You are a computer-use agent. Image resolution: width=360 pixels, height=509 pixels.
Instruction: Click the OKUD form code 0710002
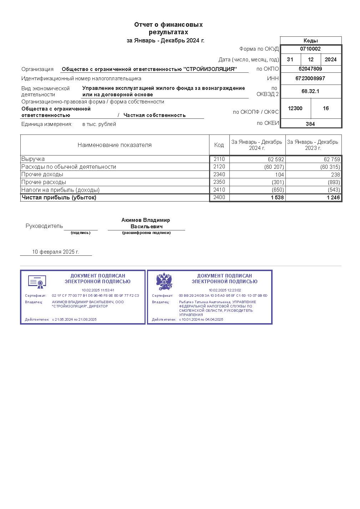pos(310,49)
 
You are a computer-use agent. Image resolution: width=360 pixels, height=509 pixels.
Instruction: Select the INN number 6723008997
pos(310,78)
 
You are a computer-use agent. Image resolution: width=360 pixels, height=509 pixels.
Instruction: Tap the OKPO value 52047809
pos(310,69)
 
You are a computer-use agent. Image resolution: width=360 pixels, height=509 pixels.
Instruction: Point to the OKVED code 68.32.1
pos(310,91)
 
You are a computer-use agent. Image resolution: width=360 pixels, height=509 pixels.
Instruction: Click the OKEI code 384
pos(310,124)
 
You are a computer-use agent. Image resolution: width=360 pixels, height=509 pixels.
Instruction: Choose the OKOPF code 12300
pos(295,108)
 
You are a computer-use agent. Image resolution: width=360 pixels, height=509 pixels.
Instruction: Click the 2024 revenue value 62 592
pos(275,159)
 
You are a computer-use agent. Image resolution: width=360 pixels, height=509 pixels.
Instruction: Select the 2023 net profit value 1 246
pos(333,198)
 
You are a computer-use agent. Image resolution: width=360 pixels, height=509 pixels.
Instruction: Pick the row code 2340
pos(219,174)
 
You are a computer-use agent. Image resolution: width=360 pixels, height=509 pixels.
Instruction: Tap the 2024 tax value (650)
pos(278,190)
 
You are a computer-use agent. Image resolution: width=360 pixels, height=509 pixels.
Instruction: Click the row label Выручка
pos(33,159)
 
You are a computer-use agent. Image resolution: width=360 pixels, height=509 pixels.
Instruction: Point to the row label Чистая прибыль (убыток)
pos(59,198)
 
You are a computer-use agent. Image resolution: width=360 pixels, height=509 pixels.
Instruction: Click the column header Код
pos(219,145)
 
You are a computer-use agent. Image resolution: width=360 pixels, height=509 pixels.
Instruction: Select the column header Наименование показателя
pos(115,145)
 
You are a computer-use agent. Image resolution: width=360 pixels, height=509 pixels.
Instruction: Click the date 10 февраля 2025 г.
pos(55,252)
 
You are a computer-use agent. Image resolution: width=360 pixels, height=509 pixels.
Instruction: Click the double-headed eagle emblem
pos(164,282)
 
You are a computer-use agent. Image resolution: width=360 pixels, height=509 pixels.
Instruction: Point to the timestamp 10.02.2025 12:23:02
pos(225,290)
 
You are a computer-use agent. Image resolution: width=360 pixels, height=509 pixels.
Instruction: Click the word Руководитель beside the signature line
pos(44,226)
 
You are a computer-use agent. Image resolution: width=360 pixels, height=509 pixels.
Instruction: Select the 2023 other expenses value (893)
pos(334,182)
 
